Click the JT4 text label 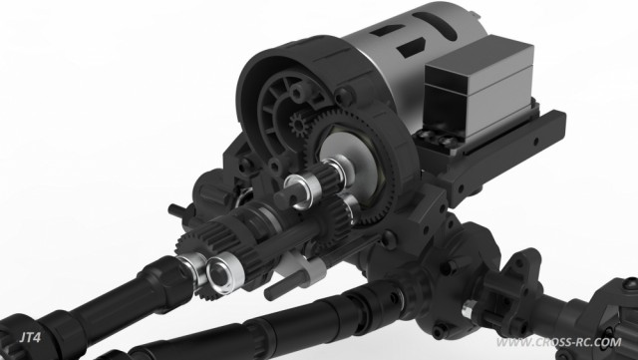coord(31,337)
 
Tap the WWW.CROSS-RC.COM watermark coord(559,342)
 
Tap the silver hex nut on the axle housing coord(469,309)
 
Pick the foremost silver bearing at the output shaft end coord(225,272)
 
